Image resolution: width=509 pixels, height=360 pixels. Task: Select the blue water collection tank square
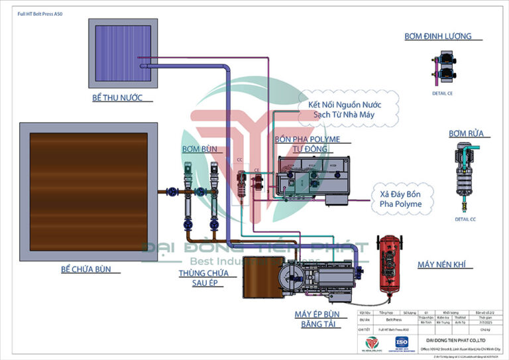click(123, 52)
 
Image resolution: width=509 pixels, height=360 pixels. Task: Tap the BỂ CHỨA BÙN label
click(86, 269)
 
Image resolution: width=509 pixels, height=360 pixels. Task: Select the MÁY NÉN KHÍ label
click(441, 265)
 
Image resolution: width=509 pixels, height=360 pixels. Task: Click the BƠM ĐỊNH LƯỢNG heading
click(438, 36)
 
